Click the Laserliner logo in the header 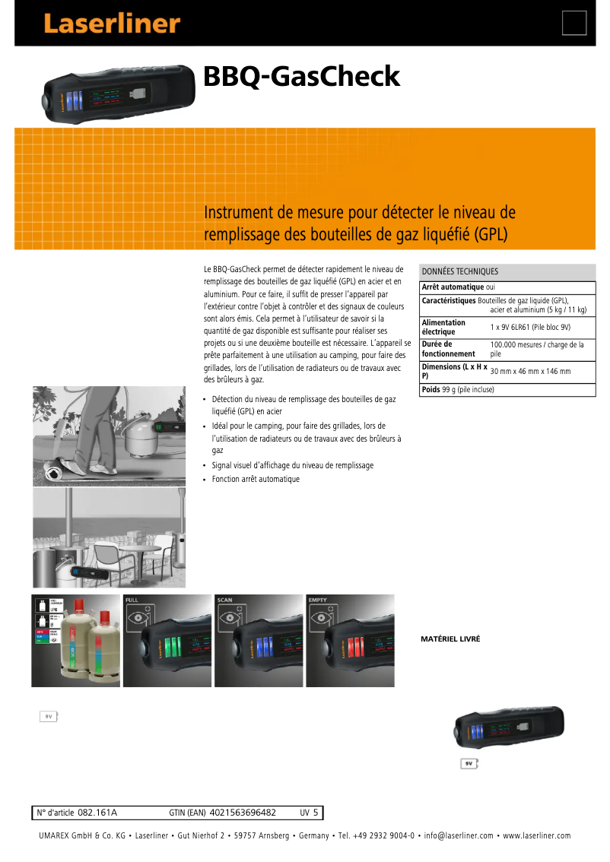coord(111,24)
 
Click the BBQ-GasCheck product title coord(301,77)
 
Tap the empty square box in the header coord(574,24)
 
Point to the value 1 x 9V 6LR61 coord(530,327)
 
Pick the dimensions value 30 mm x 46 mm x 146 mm coord(530,371)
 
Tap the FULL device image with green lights coord(167,641)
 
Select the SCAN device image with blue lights coord(259,641)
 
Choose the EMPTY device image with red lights coord(350,641)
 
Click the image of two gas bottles coord(75,641)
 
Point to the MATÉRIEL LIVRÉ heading coord(450,639)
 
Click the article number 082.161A coord(97,813)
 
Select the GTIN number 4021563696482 coord(242,813)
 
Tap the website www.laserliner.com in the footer coord(536,836)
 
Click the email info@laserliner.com coord(459,836)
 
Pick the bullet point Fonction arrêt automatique coord(256,479)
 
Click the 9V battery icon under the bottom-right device coord(471,764)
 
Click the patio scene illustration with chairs coord(109,538)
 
